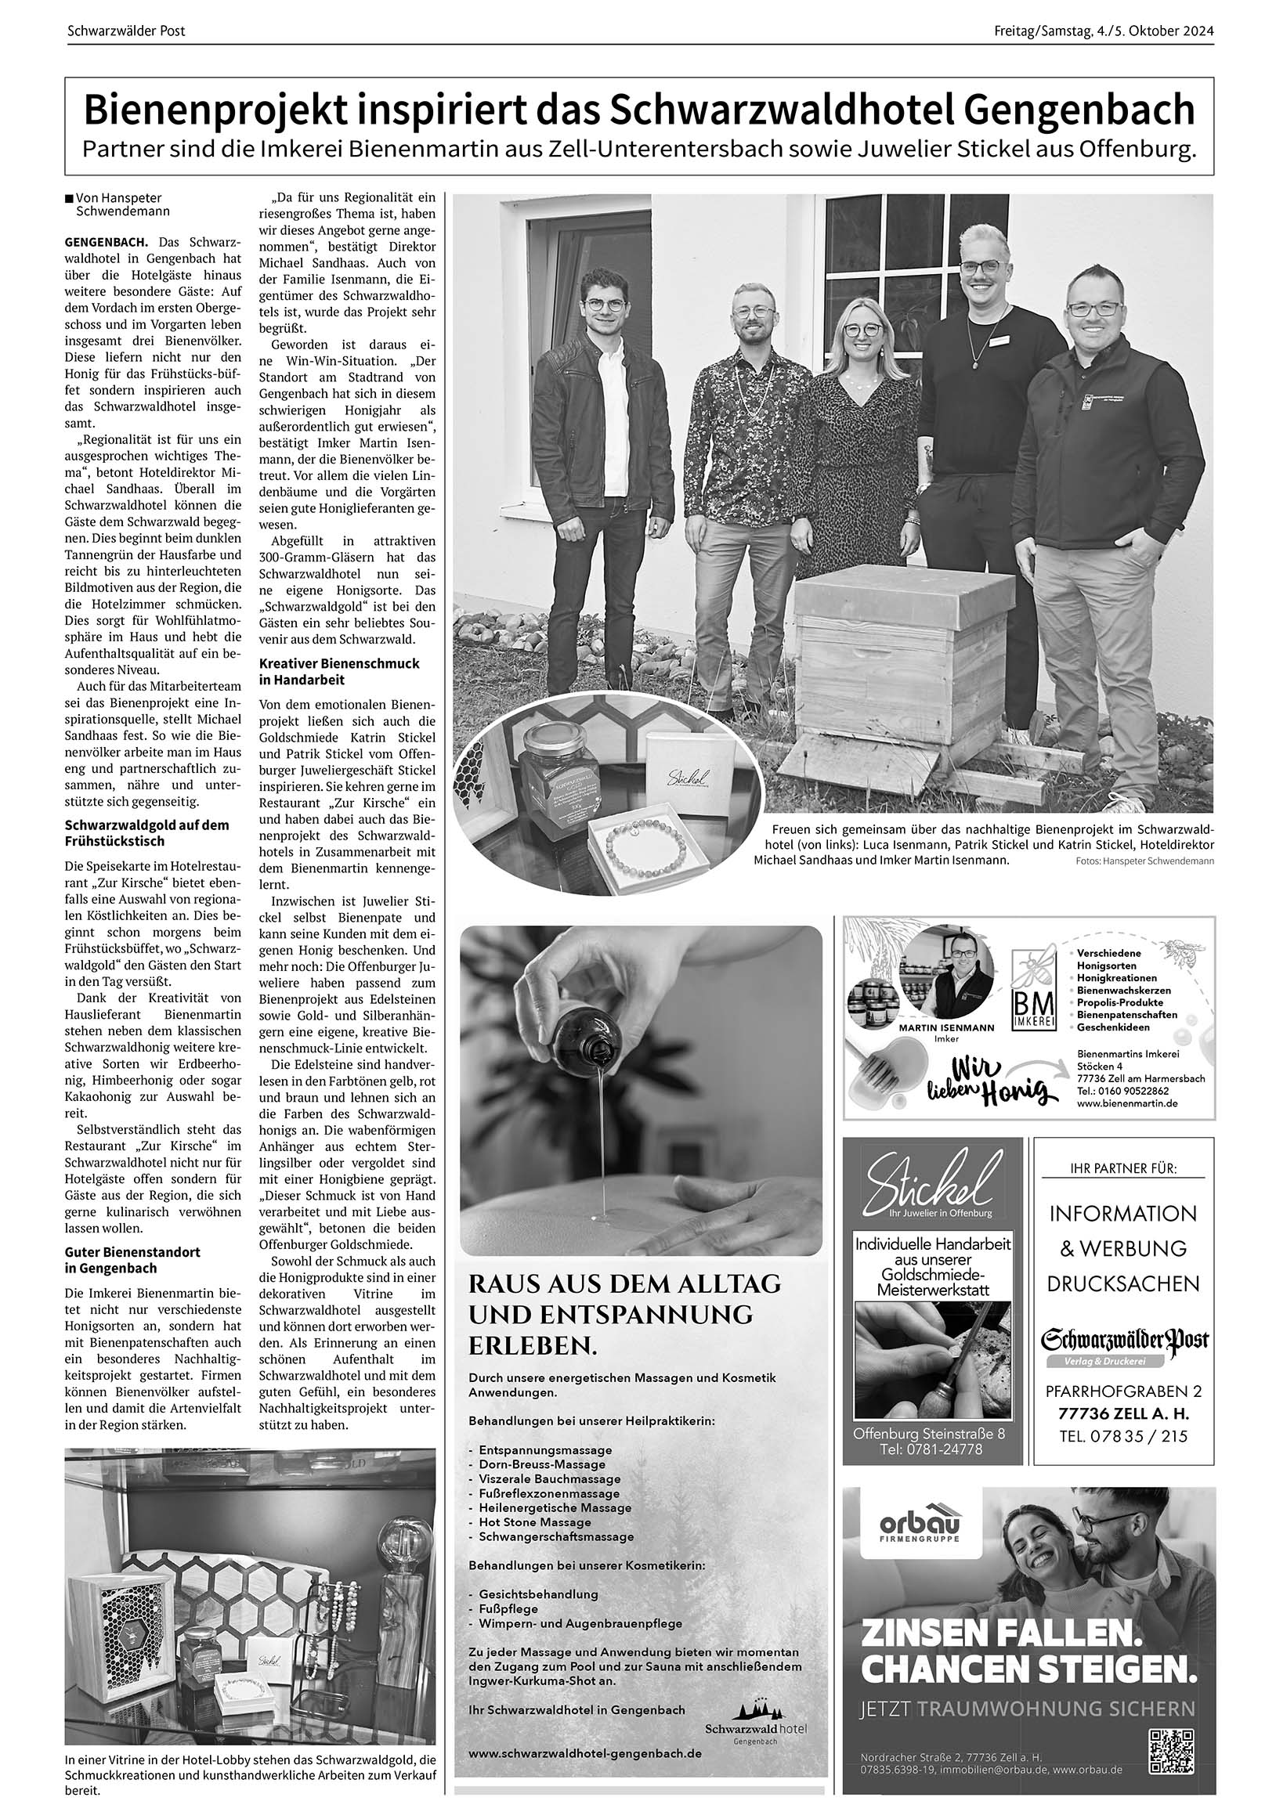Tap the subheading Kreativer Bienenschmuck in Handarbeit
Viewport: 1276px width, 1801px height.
pos(338,672)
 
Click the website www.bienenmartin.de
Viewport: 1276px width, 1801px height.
pos(1126,1103)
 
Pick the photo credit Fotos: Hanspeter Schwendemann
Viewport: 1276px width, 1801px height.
pos(1144,861)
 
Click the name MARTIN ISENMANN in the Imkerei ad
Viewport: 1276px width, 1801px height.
pos(946,1027)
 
